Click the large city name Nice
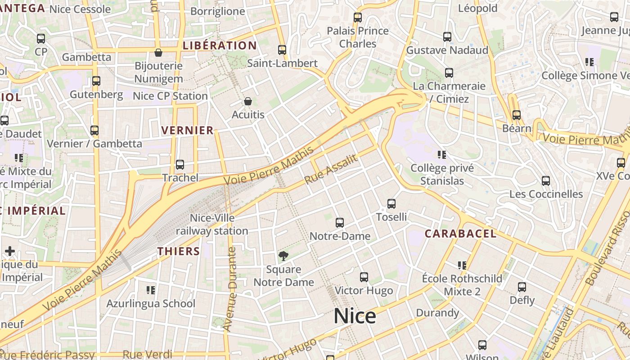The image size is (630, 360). pos(355,316)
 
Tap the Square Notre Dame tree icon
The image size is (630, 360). pos(283,256)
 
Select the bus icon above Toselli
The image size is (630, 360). pos(391,204)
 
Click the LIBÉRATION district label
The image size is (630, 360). pos(220,45)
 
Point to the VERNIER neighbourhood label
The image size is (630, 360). pos(187,130)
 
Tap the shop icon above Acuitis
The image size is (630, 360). pos(248,102)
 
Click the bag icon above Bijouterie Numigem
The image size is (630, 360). pos(158,53)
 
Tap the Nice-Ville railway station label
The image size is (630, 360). pos(212,225)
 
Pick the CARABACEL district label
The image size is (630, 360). pos(461,234)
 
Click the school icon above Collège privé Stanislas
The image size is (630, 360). pos(442,155)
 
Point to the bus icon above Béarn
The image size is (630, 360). pos(516,115)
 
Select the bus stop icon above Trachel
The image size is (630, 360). pos(180,165)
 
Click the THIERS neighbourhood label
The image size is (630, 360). pos(179,251)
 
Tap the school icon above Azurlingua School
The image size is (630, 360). pos(151,290)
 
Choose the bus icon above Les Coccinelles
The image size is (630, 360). pos(545,181)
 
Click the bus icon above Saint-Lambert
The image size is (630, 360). pos(282,50)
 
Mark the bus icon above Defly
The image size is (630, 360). pos(522,287)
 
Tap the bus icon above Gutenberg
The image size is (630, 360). pos(96,81)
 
